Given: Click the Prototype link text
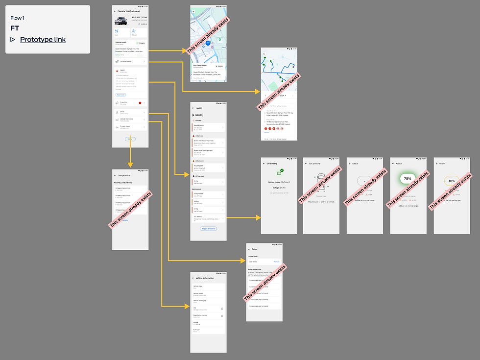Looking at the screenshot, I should pos(43,40).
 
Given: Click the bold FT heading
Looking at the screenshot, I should pos(15,28).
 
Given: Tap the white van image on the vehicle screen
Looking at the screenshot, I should pos(120,21).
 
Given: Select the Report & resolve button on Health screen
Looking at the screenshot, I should pos(208,229).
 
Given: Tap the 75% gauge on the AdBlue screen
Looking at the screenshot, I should pos(408,179).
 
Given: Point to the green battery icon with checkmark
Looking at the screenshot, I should pos(279,172).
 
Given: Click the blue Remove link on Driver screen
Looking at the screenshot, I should pos(276,262).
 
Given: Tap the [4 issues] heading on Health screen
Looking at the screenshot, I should pos(199,114).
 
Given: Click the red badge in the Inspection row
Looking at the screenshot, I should pos(140,103).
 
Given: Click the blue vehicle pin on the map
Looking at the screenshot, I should pos(208,44).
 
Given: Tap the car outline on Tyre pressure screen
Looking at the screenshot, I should pos(321,180).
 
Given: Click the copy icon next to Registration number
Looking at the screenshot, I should pos(222,316).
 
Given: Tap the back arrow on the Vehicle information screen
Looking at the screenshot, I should pos(193,278).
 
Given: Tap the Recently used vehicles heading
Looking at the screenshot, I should pos(123,182).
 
